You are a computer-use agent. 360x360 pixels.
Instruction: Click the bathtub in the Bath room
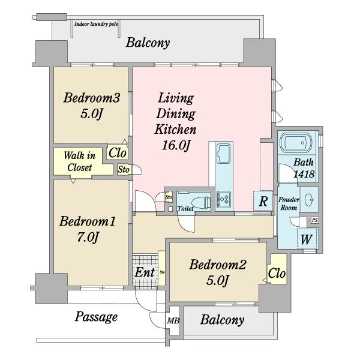tap(296, 142)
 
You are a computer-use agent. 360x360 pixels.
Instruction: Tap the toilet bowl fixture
tap(202, 203)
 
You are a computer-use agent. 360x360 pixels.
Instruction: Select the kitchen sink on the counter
tap(223, 153)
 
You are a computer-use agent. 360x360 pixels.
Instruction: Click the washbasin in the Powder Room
tap(309, 200)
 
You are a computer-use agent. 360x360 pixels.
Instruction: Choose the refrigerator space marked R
tap(263, 200)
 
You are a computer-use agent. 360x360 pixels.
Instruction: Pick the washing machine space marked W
tap(307, 239)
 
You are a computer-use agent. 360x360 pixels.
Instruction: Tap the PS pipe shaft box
tap(315, 220)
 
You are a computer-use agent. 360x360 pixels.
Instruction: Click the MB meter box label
tap(173, 320)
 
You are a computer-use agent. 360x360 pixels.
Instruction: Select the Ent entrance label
tap(145, 272)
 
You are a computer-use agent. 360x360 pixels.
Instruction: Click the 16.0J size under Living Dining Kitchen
tap(176, 145)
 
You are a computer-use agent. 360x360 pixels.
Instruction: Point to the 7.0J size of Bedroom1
tap(88, 238)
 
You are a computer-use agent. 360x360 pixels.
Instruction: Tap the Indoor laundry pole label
tap(96, 24)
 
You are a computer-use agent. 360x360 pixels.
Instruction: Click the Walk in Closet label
tap(79, 161)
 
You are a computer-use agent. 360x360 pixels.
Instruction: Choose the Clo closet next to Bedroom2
tap(277, 274)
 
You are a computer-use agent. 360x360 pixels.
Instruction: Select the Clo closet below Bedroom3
tap(118, 153)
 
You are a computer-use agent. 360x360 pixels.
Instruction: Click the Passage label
tap(96, 317)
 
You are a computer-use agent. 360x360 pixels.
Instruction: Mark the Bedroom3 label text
tap(92, 98)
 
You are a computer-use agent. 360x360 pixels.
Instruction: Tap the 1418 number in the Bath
tap(304, 174)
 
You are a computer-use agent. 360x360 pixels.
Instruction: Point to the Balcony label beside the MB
tap(222, 320)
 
